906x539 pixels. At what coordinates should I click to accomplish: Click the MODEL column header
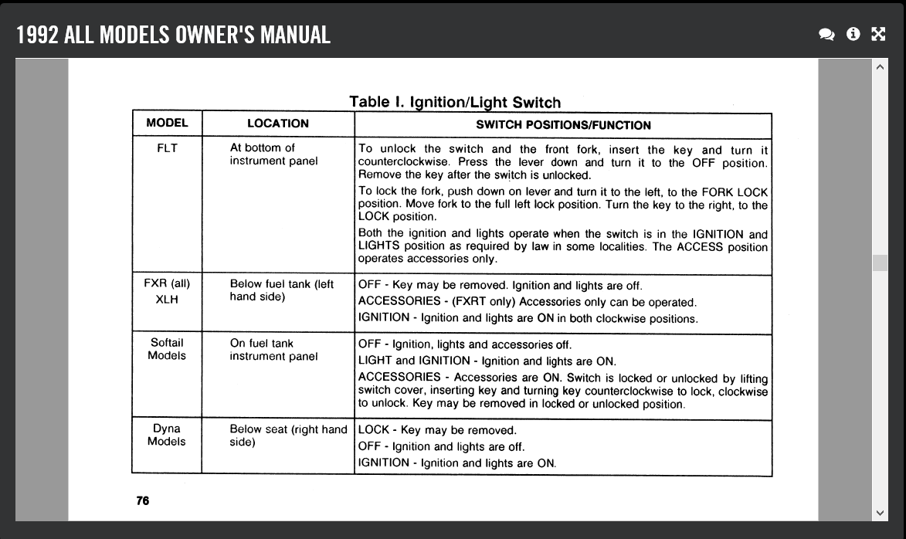(x=167, y=124)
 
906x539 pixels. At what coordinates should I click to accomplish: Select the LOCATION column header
(x=277, y=124)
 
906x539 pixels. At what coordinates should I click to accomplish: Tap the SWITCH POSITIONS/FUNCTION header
(x=563, y=125)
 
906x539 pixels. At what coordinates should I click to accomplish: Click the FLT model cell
(x=167, y=148)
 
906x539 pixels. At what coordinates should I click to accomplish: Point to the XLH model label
(x=167, y=299)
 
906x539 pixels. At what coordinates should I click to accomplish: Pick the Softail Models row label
(x=167, y=349)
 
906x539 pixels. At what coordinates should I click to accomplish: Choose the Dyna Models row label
(x=167, y=435)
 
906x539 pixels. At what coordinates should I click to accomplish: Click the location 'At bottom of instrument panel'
(x=273, y=154)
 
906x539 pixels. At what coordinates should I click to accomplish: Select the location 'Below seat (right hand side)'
(x=288, y=436)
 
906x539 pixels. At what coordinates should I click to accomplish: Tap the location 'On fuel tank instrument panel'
(x=273, y=350)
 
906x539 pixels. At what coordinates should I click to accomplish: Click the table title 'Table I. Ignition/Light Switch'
(x=455, y=102)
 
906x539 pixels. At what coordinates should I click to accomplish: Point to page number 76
(x=143, y=500)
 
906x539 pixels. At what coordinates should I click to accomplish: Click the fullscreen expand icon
(x=878, y=34)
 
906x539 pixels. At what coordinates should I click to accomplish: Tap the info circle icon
(x=853, y=34)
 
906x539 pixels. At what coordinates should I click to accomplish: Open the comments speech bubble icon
(x=826, y=34)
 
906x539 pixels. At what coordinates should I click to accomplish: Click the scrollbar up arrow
(x=880, y=67)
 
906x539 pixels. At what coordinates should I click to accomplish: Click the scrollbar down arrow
(x=880, y=512)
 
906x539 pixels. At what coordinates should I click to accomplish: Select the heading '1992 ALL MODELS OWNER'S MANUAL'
(x=174, y=35)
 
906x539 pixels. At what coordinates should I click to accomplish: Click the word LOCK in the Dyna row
(x=374, y=430)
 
